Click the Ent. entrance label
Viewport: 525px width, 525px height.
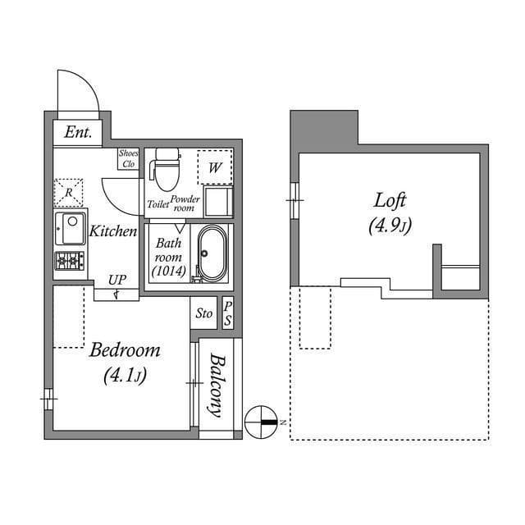click(x=78, y=132)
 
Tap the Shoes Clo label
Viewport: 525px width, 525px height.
click(x=129, y=158)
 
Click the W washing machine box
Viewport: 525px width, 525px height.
click(x=215, y=167)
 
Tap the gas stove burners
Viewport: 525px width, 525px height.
click(x=70, y=262)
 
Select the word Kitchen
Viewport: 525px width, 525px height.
click(x=113, y=231)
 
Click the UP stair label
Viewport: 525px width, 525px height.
click(x=116, y=281)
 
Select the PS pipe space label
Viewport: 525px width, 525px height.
click(x=228, y=313)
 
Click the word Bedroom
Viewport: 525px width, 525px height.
click(x=125, y=350)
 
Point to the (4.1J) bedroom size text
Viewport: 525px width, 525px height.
click(x=125, y=377)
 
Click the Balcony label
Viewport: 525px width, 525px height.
click(x=217, y=385)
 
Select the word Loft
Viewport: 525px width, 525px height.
click(x=390, y=199)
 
